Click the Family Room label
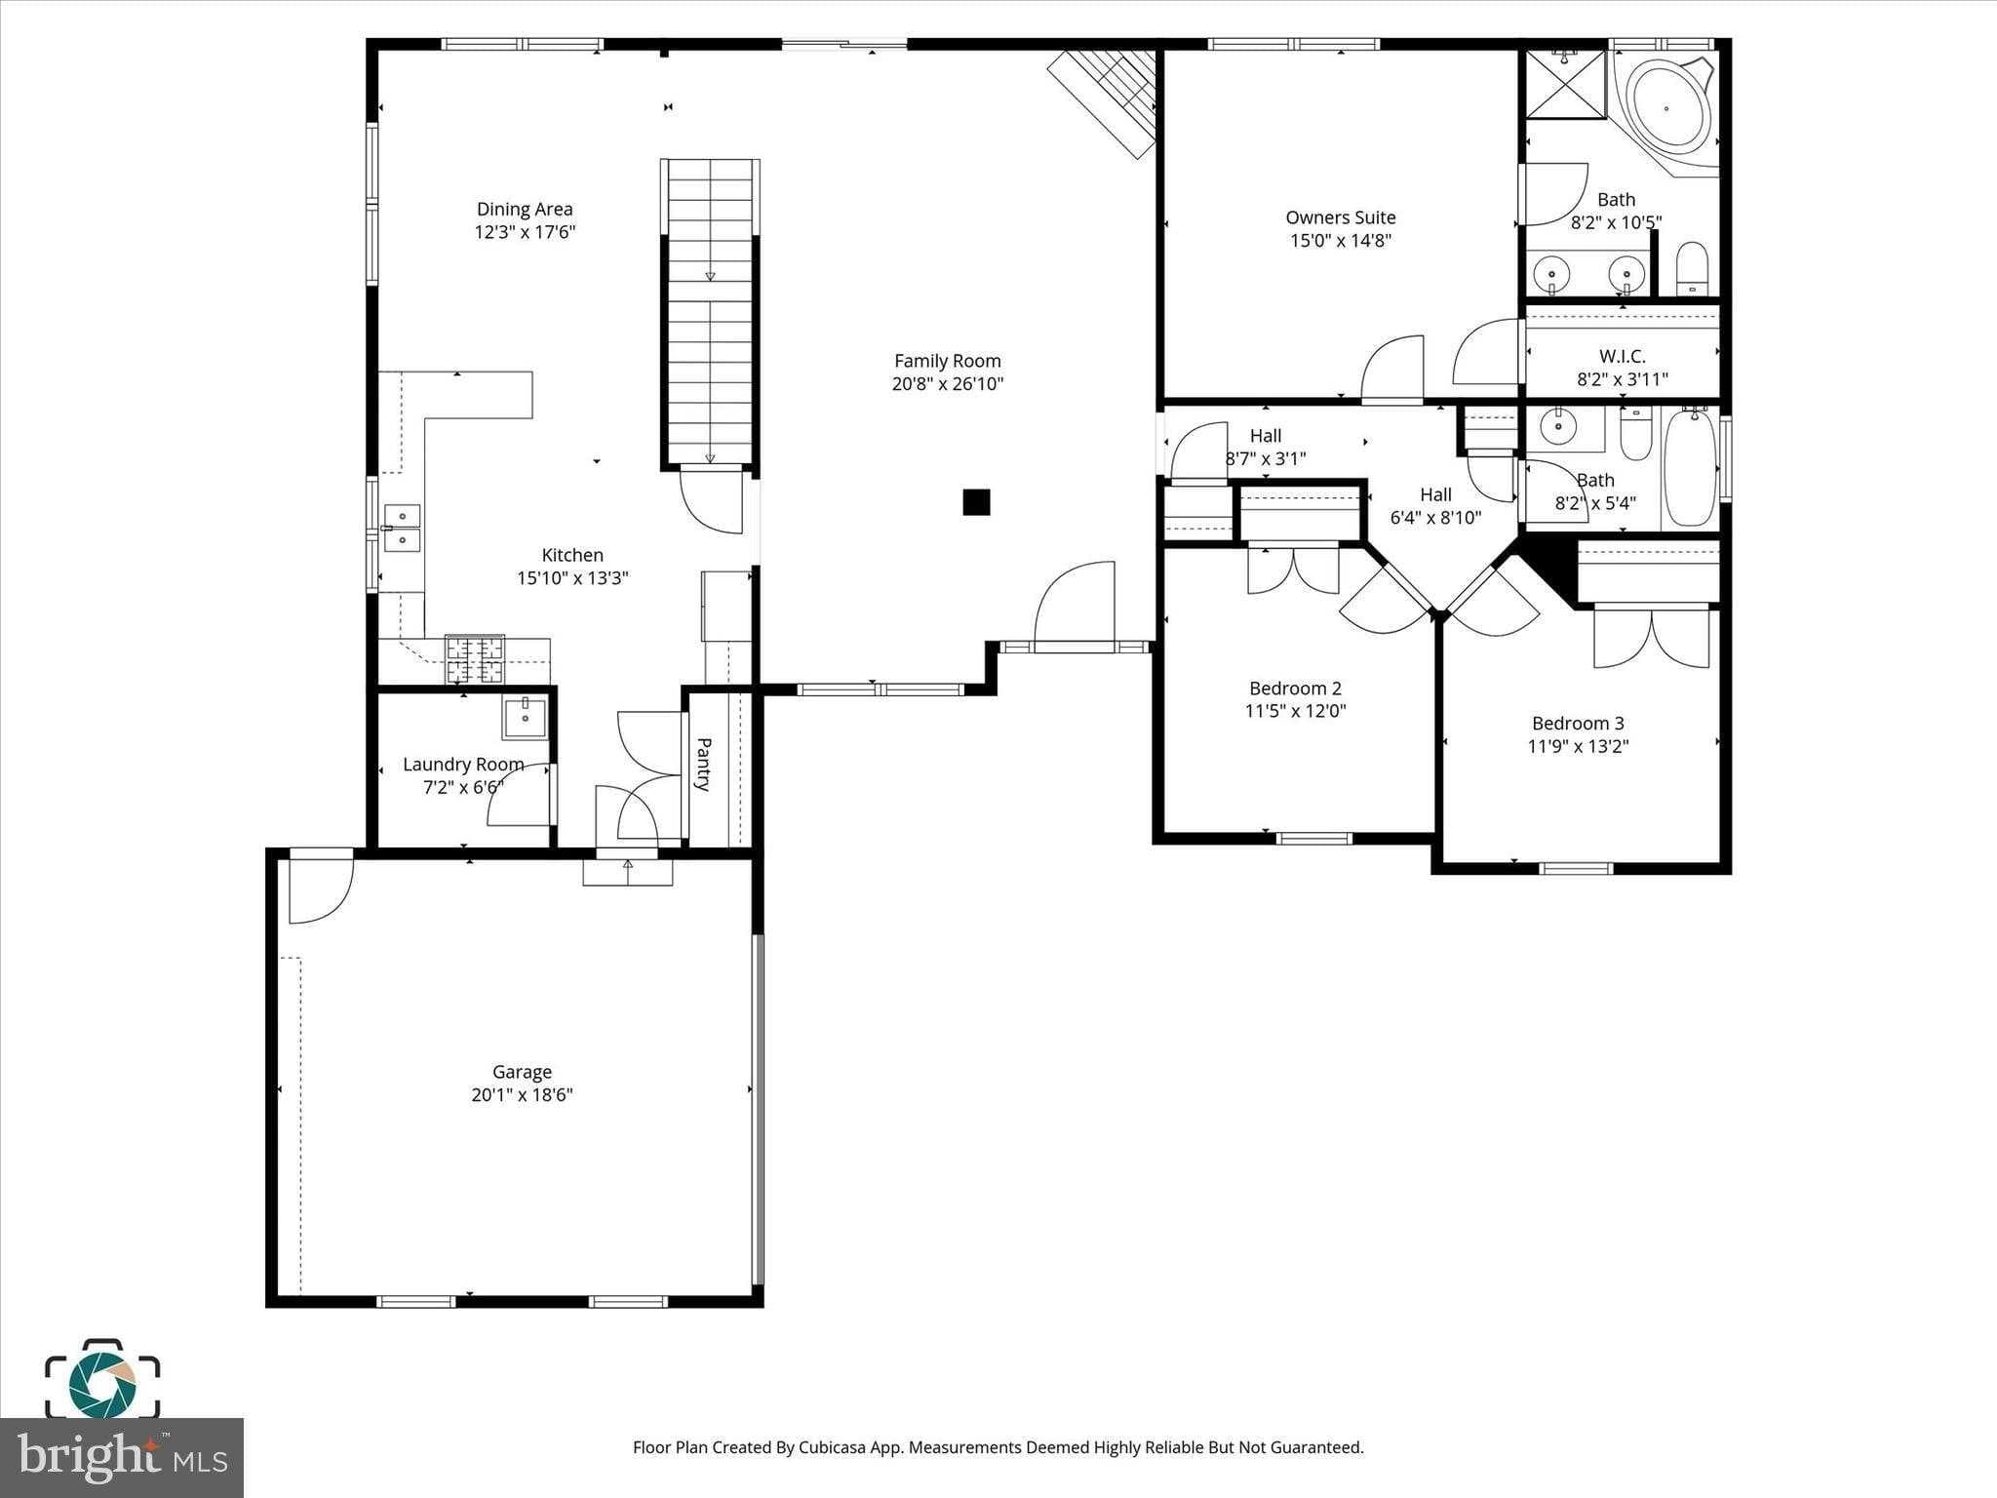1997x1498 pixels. (x=947, y=361)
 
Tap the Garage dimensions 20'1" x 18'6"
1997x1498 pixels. (x=522, y=1095)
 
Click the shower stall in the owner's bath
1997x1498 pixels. (x=1565, y=85)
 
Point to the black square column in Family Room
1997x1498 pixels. (x=976, y=502)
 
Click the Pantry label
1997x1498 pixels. (x=704, y=764)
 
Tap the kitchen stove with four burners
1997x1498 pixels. (x=475, y=658)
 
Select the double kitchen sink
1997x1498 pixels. (x=402, y=528)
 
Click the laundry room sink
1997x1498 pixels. (x=525, y=718)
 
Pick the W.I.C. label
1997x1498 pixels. (x=1622, y=357)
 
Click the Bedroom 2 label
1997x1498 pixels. (x=1295, y=689)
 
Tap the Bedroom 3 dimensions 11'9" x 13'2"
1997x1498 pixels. (x=1578, y=747)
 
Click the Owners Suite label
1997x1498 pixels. (x=1340, y=217)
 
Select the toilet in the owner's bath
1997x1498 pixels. (x=1692, y=268)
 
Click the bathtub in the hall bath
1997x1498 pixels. (x=1690, y=468)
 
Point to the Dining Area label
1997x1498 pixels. (x=525, y=209)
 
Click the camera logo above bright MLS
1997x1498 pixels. (x=101, y=1382)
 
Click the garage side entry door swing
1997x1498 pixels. (x=320, y=887)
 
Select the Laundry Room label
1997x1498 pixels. (x=463, y=765)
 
